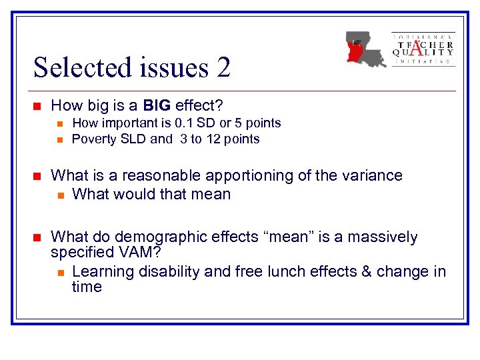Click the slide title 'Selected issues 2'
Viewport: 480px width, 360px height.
click(132, 67)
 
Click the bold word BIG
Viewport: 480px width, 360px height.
click(155, 105)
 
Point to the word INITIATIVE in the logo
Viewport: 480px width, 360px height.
click(423, 61)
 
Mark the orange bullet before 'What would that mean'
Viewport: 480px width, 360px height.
click(60, 195)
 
